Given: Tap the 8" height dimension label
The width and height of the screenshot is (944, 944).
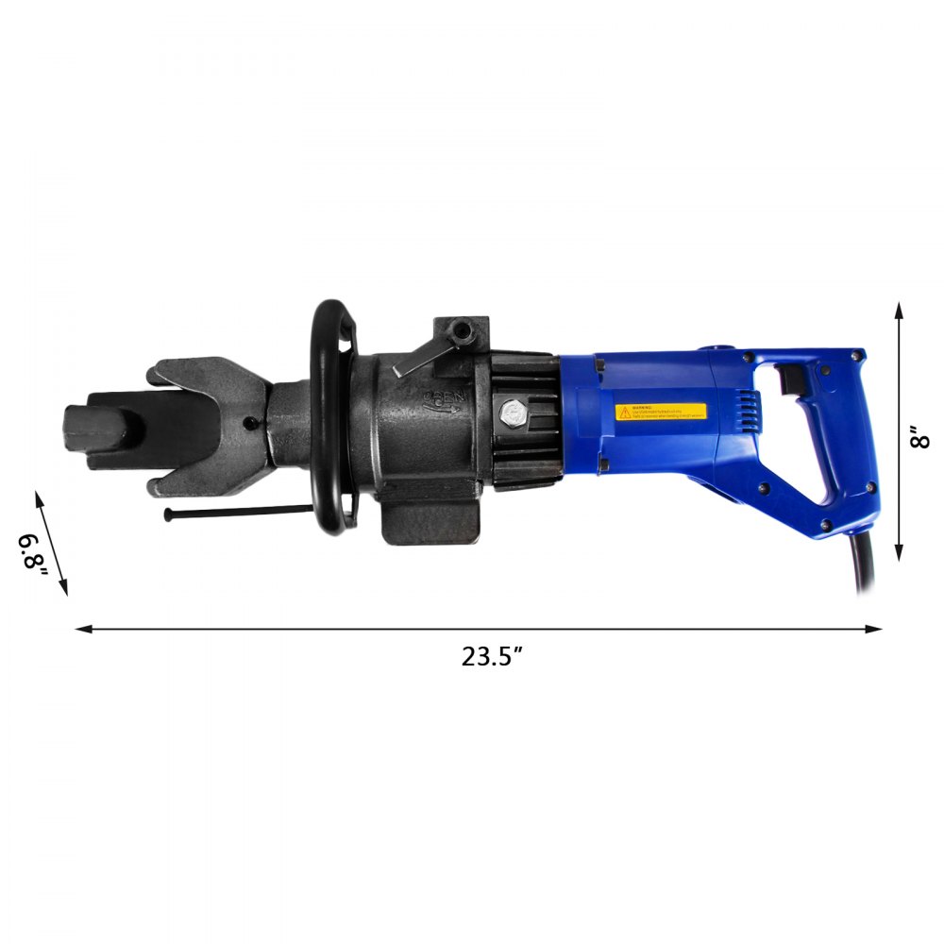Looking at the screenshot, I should click(921, 438).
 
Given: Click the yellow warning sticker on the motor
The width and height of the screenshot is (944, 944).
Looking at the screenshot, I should click(661, 413).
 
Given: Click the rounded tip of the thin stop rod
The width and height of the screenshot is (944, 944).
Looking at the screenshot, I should click(169, 514).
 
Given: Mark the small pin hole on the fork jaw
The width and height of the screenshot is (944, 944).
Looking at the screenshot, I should click(249, 423).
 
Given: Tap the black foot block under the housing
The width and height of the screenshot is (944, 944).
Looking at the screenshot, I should click(430, 519).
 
